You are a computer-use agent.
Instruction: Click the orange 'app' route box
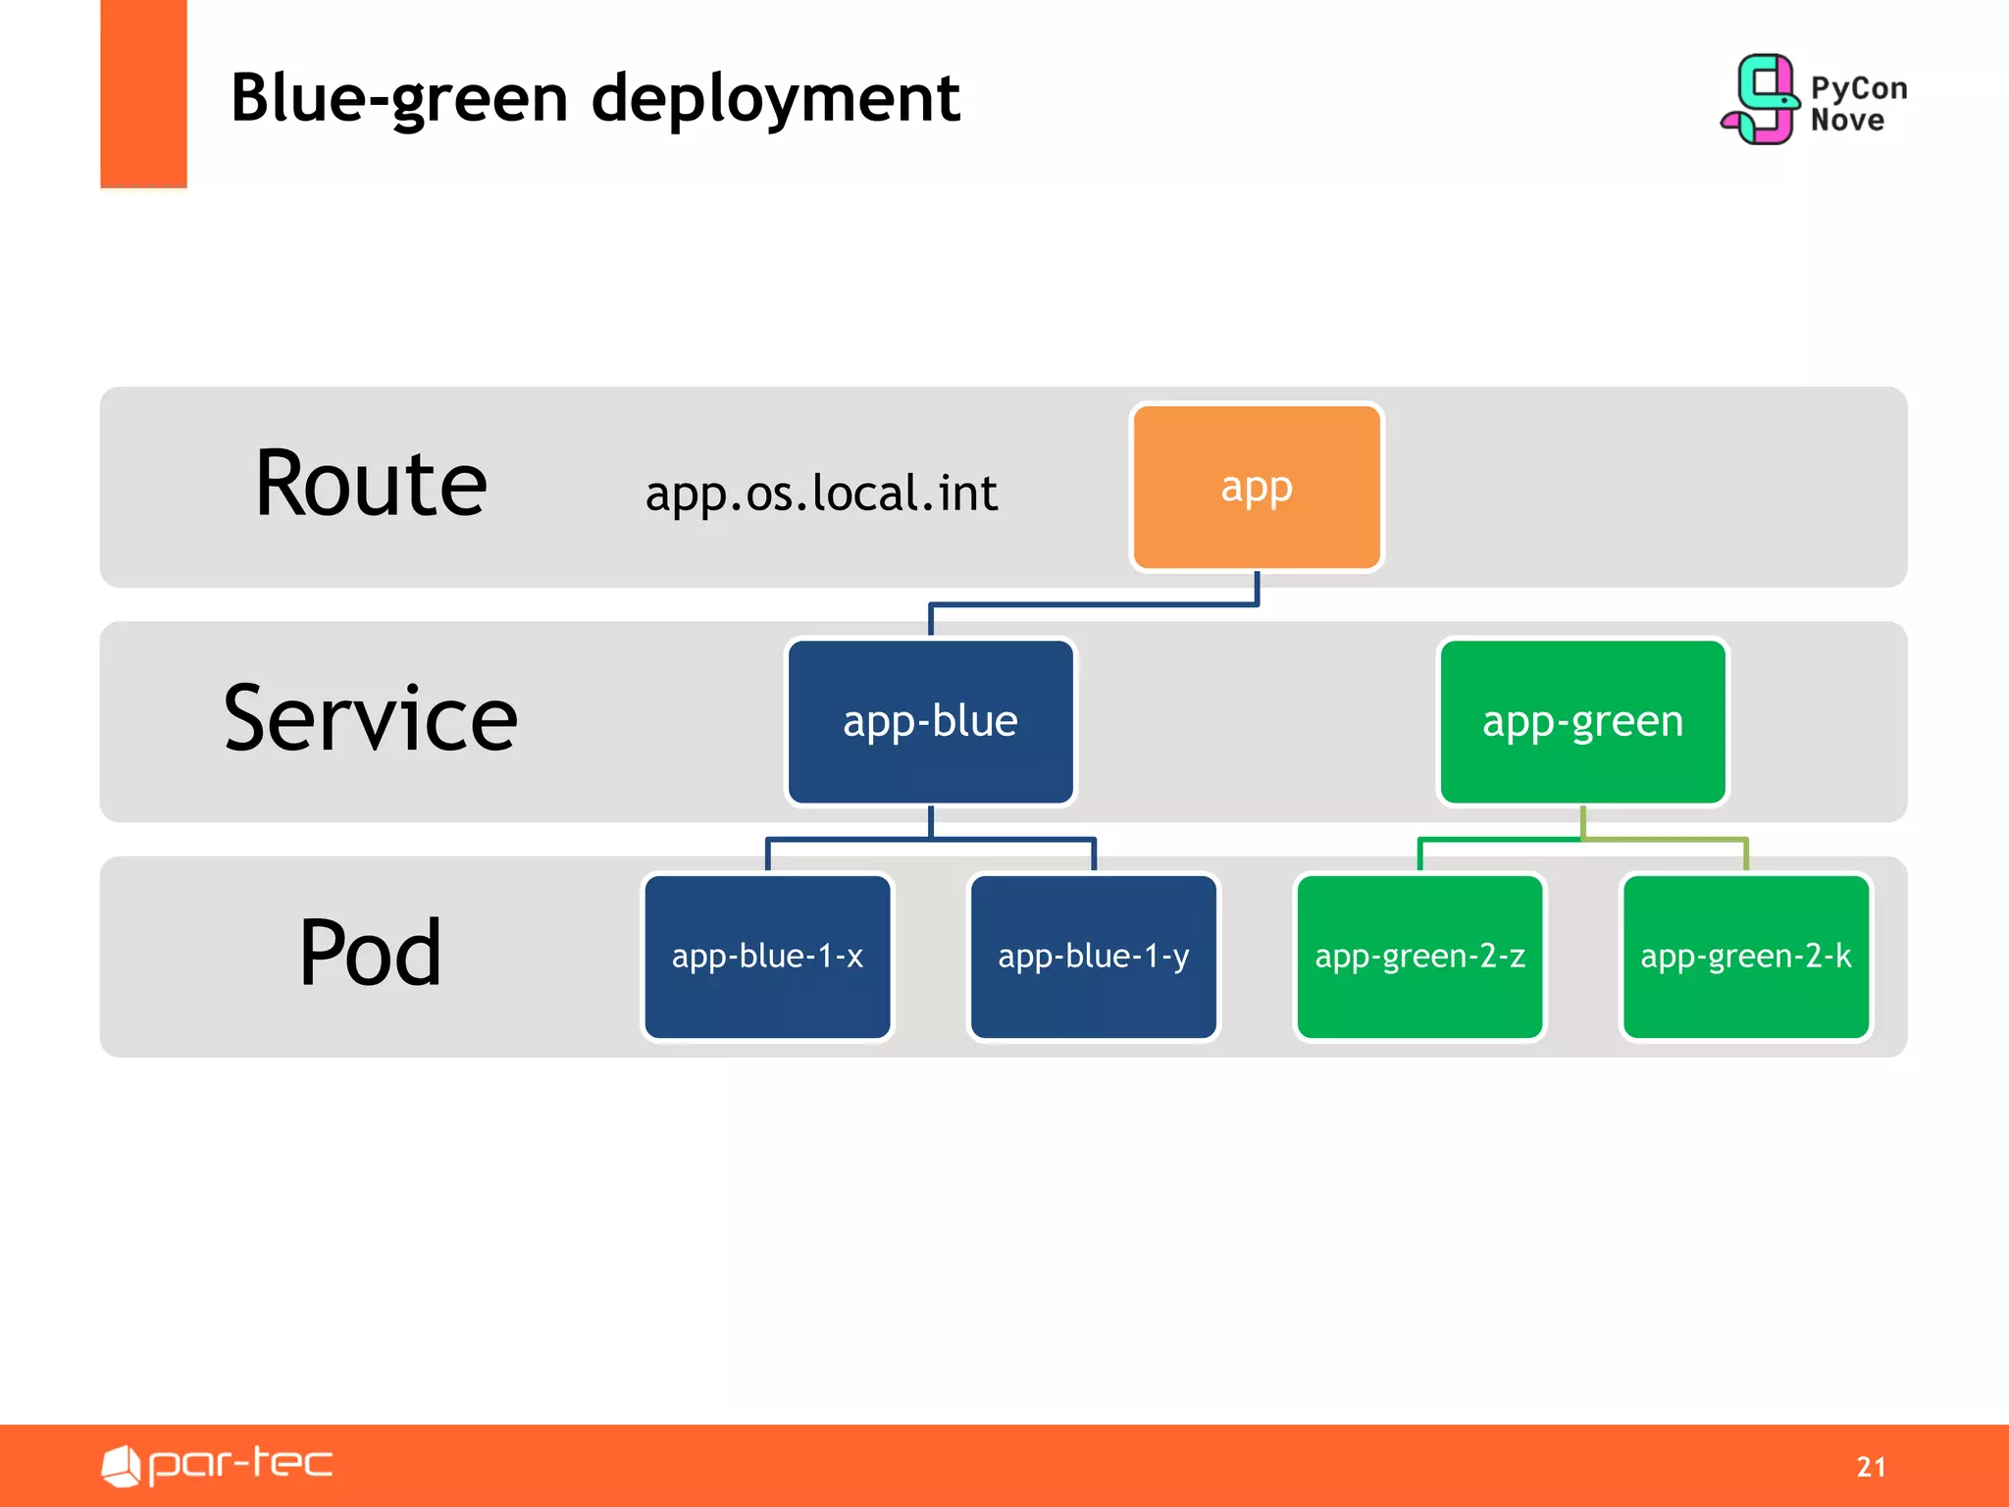1257,487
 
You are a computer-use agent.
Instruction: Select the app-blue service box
930,721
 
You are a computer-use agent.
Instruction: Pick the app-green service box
1582,721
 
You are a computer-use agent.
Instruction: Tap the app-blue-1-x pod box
767,957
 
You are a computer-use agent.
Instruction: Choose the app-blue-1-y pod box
1093,957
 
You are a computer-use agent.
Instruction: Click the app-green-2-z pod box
1419,957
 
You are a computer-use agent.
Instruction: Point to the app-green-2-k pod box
1745,957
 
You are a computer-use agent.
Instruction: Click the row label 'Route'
371,484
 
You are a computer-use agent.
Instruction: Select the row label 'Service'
371,719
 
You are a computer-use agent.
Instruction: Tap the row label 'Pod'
371,953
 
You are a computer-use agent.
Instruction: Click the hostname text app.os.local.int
821,494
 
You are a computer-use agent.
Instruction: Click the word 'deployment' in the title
775,99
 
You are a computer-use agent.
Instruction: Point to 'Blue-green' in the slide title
399,99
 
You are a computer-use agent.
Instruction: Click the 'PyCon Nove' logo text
1857,104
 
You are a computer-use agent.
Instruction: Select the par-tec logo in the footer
218,1465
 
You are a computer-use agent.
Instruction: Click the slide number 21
1871,1467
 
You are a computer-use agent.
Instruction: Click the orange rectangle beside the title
143,93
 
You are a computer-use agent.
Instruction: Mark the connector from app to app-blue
1094,604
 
